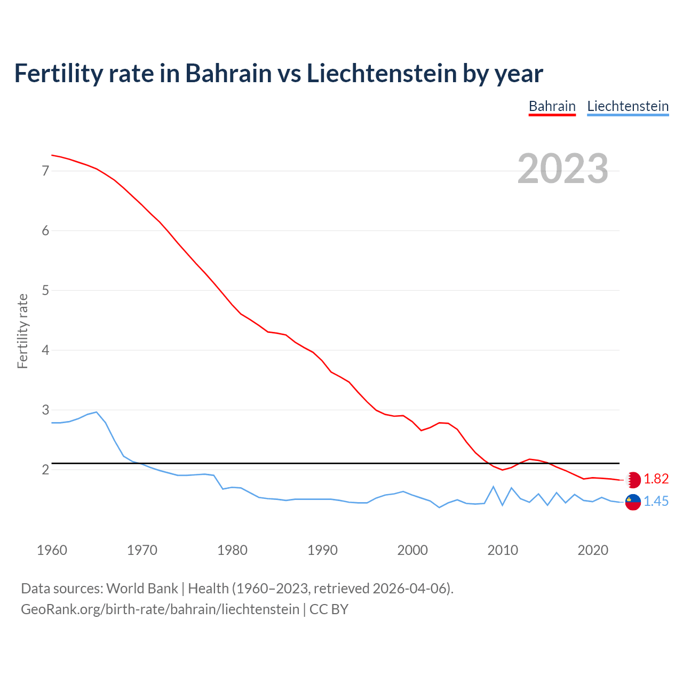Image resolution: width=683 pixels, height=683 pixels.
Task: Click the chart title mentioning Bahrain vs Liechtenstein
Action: [x=278, y=73]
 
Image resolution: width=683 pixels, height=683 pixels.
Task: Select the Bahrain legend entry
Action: [x=552, y=106]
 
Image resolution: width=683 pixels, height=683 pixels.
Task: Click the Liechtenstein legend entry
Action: [x=628, y=106]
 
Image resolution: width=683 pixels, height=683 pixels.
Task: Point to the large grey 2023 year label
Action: [x=562, y=169]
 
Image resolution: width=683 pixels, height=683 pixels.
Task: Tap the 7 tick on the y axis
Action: [x=45, y=171]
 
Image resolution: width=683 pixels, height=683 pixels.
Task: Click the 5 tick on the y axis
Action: [x=45, y=291]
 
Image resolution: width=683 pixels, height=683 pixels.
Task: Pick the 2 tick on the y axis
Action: [x=45, y=470]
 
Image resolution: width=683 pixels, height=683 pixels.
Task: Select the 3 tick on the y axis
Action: [x=45, y=410]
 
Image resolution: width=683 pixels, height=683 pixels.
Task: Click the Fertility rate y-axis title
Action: [x=22, y=331]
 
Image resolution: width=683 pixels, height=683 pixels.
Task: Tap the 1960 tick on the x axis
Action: [x=52, y=550]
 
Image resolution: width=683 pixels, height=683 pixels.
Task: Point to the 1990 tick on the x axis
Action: [x=322, y=550]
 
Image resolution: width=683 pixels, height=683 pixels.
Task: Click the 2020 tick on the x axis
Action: [x=593, y=550]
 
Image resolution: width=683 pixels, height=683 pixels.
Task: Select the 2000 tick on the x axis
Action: [x=412, y=550]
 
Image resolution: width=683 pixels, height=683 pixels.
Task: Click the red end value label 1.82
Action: [x=656, y=479]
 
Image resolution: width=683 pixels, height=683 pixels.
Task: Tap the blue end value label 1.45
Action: [x=656, y=502]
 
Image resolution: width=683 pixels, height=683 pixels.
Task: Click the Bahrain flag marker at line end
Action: [x=633, y=480]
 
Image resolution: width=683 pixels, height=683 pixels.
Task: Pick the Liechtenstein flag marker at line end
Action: [x=633, y=502]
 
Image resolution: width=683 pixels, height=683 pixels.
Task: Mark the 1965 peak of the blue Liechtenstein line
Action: [x=96, y=412]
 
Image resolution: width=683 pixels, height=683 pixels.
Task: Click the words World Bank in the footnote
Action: [x=142, y=589]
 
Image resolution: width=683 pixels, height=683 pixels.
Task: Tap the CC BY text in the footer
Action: [x=329, y=609]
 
